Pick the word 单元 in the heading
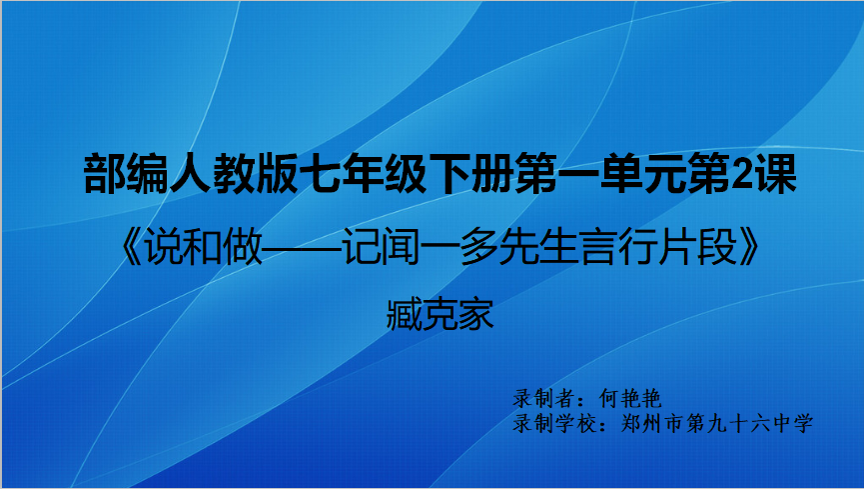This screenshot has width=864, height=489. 642,174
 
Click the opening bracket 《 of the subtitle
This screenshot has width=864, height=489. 131,247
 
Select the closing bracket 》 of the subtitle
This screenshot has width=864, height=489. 749,247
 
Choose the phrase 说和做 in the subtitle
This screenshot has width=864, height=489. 203,247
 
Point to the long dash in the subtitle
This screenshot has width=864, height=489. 302,248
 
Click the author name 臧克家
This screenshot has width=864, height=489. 439,315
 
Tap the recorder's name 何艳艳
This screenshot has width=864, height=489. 630,398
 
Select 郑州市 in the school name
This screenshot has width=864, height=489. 652,423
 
